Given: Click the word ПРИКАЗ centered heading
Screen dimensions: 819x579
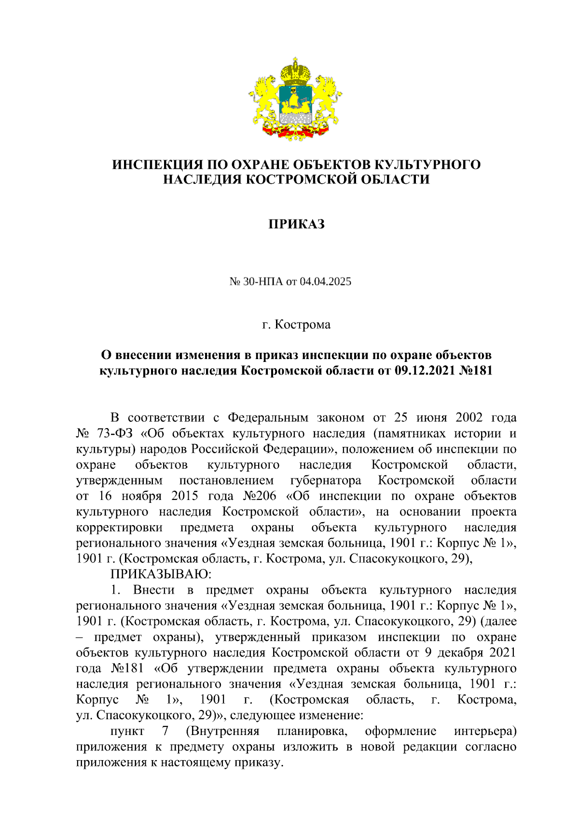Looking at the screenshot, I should click(x=296, y=224).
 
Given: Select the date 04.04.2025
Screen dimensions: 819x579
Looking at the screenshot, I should click(x=325, y=281).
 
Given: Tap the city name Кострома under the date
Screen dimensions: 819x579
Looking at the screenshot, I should click(x=303, y=324).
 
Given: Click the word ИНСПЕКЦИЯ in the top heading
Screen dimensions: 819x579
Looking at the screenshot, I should click(x=152, y=165).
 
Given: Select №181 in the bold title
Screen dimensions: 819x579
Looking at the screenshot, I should click(x=477, y=371).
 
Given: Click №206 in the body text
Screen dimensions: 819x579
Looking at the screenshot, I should click(x=259, y=496).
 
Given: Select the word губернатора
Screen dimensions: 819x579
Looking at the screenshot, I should click(x=326, y=481).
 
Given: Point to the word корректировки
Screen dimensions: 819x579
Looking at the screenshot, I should click(x=119, y=527).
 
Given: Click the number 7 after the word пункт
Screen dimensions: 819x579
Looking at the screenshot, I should click(x=165, y=731).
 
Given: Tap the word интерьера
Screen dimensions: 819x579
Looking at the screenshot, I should click(x=485, y=731).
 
